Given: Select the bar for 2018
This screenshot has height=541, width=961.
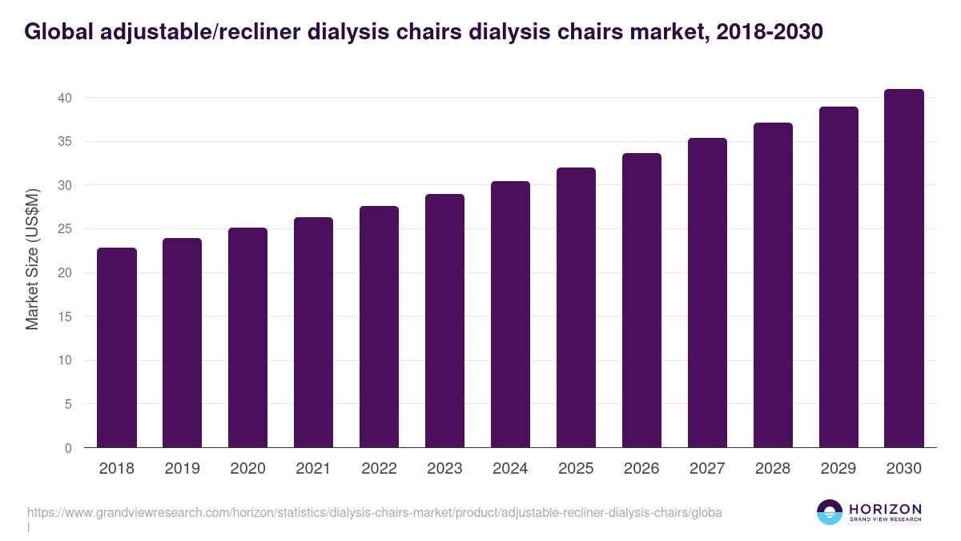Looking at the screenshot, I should point(117,348).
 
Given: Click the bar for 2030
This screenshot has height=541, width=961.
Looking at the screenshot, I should point(904,268).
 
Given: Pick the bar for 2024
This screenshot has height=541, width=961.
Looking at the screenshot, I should point(510,314).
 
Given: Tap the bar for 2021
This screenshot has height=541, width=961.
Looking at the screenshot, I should point(313,333).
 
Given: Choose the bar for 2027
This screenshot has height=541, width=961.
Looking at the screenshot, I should point(707,293).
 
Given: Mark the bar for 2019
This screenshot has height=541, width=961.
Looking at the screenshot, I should point(183,343).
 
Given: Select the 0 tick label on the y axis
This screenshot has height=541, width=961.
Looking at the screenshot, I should point(68,448).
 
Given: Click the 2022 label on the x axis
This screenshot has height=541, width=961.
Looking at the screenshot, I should point(379,469).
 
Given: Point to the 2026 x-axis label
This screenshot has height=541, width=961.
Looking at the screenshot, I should point(641,469).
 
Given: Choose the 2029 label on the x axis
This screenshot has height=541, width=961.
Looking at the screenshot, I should point(838,469).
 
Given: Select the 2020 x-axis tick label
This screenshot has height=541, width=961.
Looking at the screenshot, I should point(247,469).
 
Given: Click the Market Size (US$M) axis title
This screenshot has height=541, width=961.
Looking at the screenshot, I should point(33,259).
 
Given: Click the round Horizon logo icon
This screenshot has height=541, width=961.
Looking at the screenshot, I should point(830,512).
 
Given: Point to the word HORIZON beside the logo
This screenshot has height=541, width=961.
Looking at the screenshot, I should point(885,509).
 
